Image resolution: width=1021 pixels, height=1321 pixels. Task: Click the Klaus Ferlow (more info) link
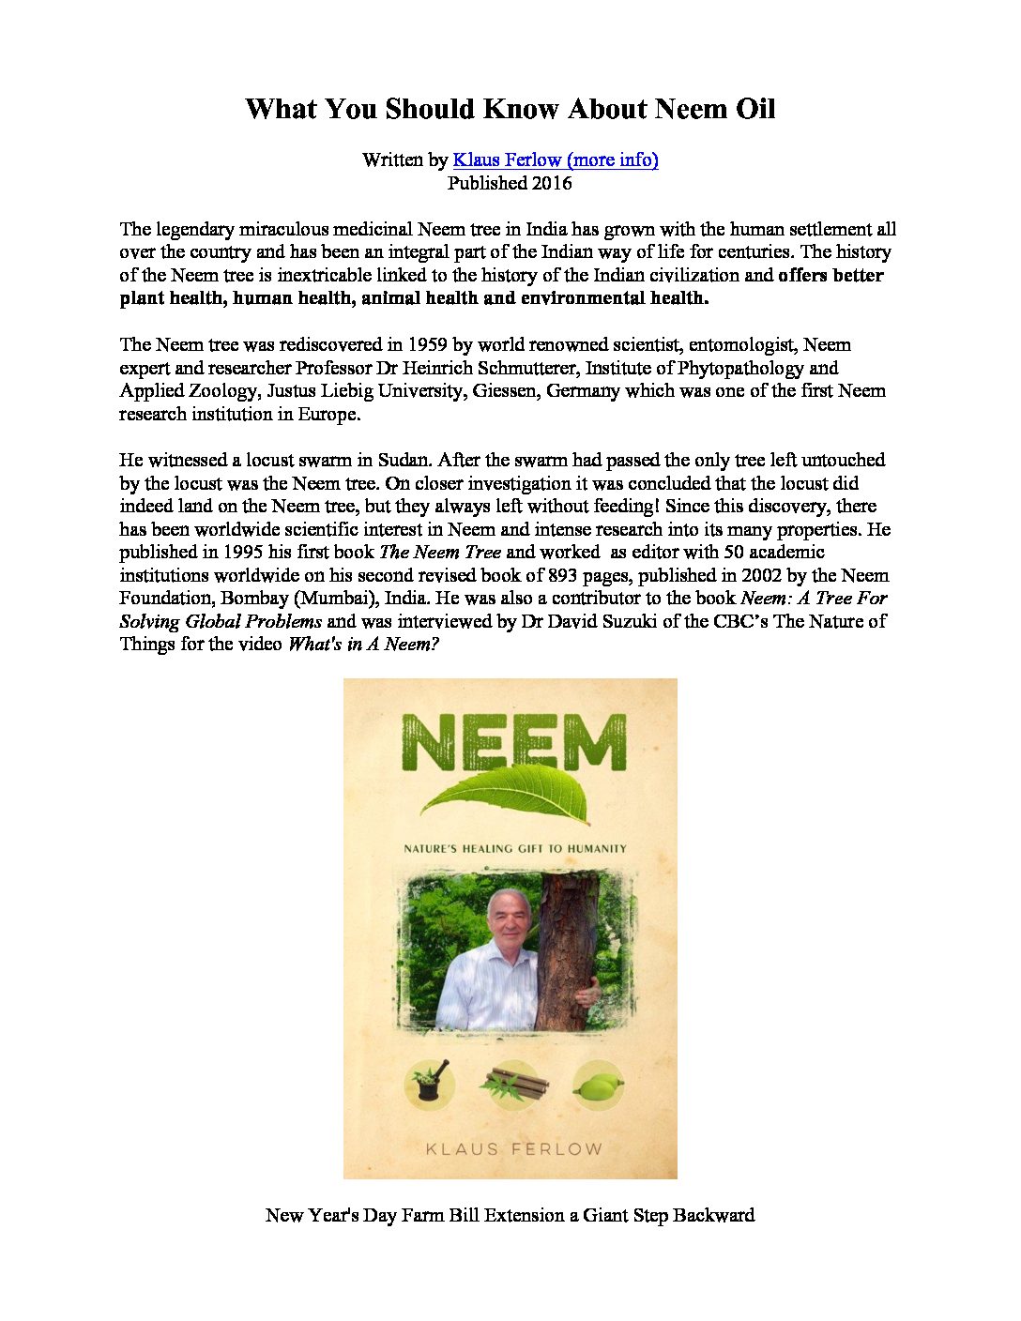pos(556,160)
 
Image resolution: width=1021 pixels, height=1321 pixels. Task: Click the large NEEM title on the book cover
pos(513,742)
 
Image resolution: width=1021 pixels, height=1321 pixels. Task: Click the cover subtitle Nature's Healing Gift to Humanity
pos(514,849)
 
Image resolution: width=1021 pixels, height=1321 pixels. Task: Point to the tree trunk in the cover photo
pos(567,948)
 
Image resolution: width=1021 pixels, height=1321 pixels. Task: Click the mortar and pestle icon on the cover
pos(430,1085)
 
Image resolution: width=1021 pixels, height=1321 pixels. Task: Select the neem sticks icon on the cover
pos(513,1086)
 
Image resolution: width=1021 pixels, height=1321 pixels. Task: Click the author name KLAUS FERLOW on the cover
pos(513,1149)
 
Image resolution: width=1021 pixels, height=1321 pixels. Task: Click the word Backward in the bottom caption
pos(714,1216)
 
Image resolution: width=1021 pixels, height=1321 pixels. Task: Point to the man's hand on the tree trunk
pos(588,995)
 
